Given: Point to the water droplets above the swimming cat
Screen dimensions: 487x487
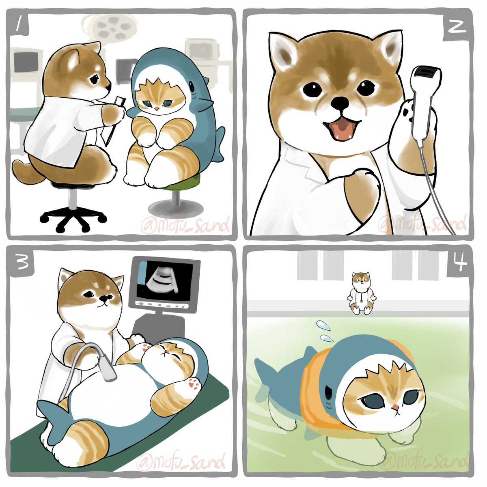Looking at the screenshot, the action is point(324,331).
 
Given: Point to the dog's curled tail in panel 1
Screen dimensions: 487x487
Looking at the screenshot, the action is point(26,172).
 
